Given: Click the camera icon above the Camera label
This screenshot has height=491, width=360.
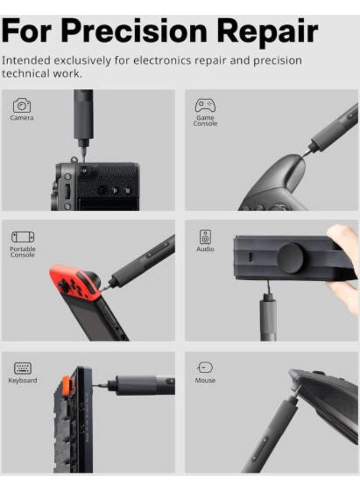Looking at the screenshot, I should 22,105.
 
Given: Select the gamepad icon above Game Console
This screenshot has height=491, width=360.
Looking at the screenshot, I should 205,105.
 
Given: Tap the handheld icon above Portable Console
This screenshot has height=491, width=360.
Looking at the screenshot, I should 22,237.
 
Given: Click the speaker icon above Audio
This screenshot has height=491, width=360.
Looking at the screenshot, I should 205,237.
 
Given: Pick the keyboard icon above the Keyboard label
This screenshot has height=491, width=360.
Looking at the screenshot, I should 22,368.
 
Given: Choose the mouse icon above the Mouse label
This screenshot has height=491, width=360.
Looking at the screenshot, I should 205,368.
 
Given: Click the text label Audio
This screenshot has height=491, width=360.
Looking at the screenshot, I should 205,249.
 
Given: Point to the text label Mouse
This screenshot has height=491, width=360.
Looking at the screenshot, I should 205,380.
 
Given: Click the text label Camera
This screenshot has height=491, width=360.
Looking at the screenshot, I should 22,118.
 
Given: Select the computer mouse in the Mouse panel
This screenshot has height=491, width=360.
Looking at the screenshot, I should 327,398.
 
